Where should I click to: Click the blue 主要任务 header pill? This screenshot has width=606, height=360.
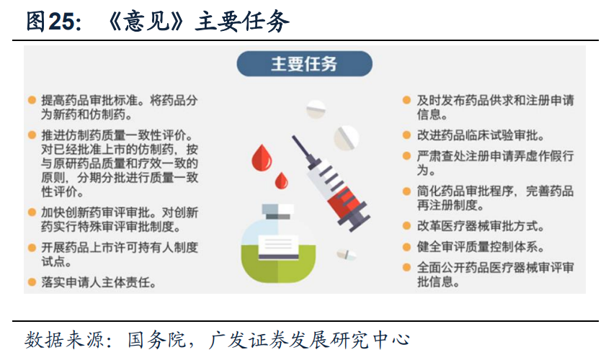[303, 64]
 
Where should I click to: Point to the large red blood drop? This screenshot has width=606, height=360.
[262, 153]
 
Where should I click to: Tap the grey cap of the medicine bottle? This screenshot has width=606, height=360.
[275, 210]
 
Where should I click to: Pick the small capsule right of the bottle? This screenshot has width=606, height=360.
[346, 254]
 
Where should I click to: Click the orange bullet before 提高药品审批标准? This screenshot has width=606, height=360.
[32, 101]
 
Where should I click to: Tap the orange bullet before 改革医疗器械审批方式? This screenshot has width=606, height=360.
[407, 225]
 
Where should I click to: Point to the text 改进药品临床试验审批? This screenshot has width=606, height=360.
[481, 135]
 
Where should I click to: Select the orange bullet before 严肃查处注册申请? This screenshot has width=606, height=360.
[407, 156]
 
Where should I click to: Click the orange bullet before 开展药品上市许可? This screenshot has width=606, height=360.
[32, 247]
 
